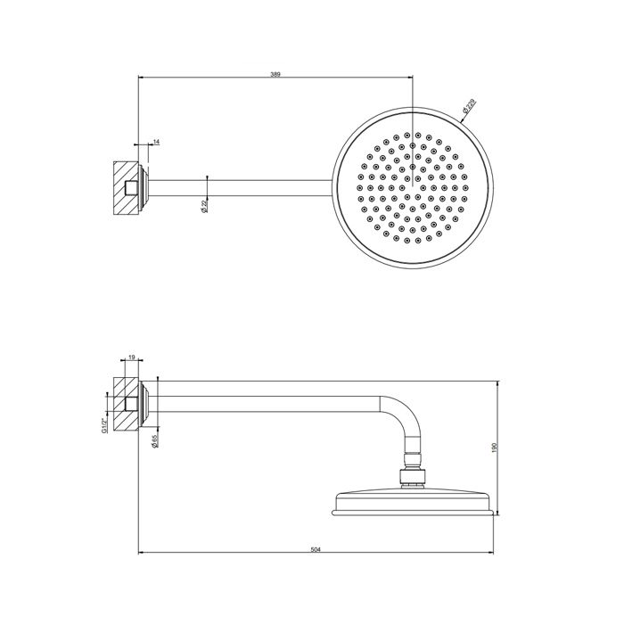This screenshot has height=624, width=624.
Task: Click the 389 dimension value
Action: (275, 75)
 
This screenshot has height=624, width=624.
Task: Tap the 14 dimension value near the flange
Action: (156, 142)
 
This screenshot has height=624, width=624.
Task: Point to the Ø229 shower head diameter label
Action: (469, 108)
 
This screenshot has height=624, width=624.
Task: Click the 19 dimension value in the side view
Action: (132, 357)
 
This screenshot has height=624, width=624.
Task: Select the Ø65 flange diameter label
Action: (155, 440)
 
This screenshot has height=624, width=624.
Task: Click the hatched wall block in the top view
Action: (120, 188)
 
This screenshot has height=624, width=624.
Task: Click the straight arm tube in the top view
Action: (241, 188)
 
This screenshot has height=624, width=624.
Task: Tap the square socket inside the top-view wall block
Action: (132, 188)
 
